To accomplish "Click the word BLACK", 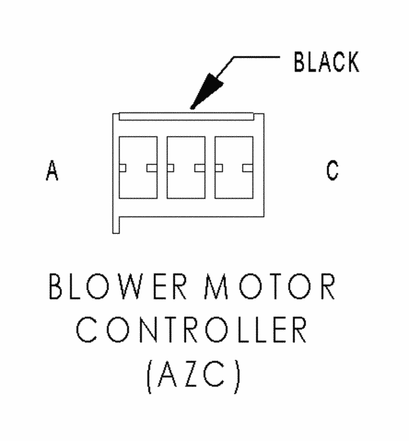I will pyautogui.click(x=326, y=62).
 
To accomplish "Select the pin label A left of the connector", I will pyautogui.click(x=52, y=171).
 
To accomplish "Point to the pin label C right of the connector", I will pyautogui.click(x=332, y=171).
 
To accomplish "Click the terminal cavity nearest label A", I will pyautogui.click(x=138, y=167).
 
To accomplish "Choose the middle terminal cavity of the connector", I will pyautogui.click(x=186, y=167).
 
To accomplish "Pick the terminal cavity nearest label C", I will pyautogui.click(x=233, y=167).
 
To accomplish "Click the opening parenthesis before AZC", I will pyautogui.click(x=149, y=378).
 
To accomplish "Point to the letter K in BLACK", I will pyautogui.click(x=350, y=62).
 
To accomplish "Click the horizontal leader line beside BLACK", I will pyautogui.click(x=256, y=57).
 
